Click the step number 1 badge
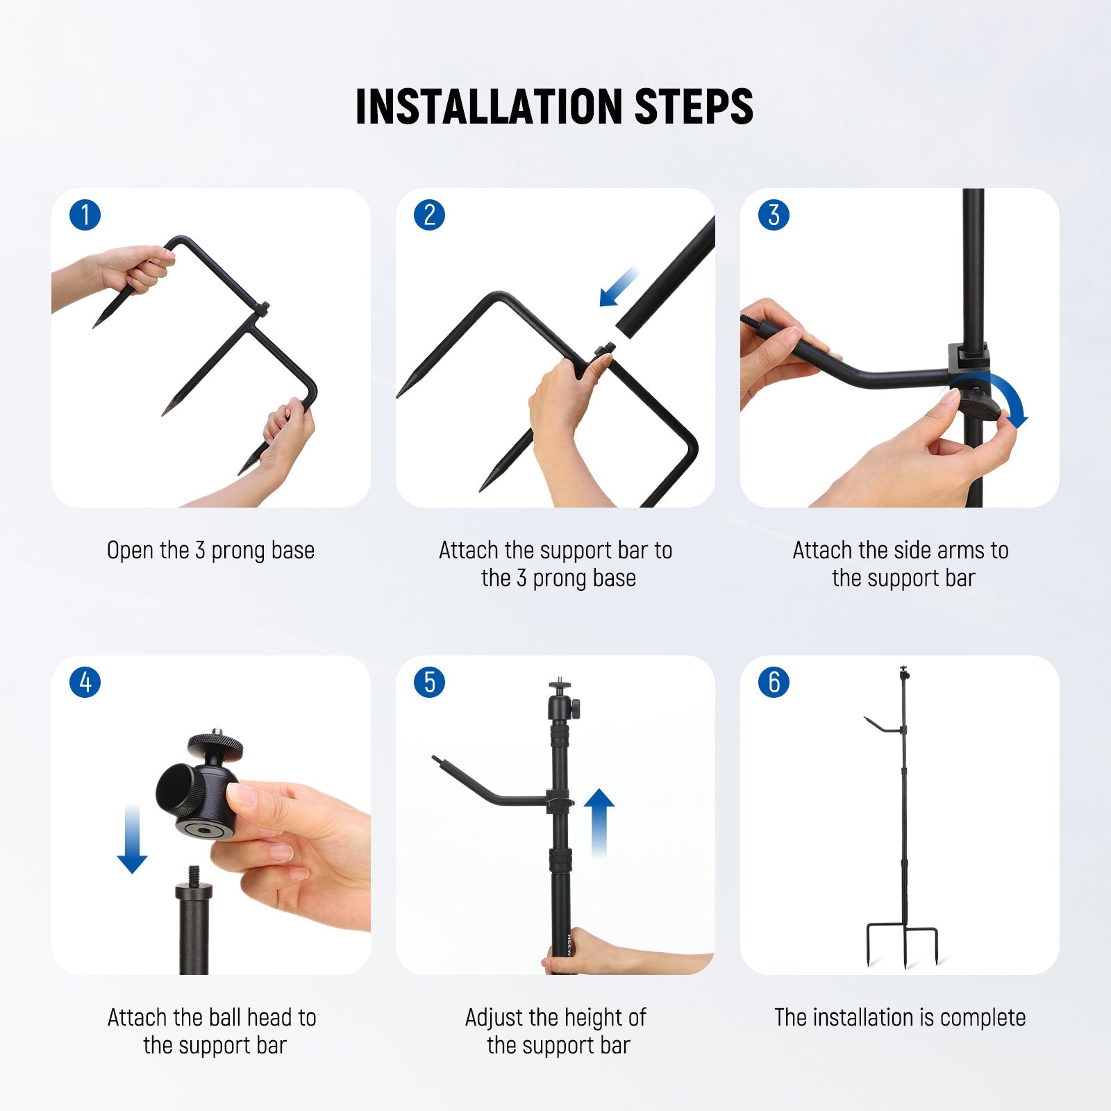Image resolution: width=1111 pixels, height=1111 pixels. pos(85,215)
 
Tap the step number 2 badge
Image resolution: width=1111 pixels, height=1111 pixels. pos(429,215)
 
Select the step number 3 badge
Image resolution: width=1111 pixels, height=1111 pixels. pos(774,215)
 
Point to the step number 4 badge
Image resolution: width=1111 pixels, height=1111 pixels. pos(85,683)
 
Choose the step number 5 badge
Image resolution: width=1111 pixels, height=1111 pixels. pos(429,683)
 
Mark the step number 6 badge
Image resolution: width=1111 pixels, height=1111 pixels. pos(774,683)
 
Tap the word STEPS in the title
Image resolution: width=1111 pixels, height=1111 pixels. pos(694,107)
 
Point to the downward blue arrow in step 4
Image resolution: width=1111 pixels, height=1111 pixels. pos(132,839)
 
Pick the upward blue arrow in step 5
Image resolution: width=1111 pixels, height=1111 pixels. pos(599,824)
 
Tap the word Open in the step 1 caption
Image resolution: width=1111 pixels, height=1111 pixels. pos(130,551)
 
